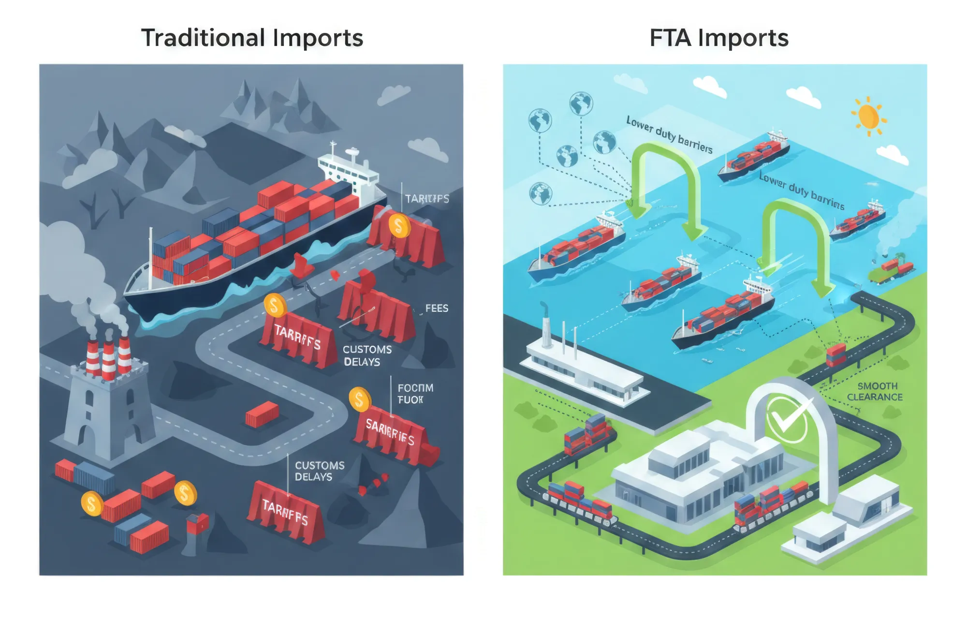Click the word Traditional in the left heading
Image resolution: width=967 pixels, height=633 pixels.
(x=203, y=38)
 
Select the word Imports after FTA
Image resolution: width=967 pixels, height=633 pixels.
(x=743, y=39)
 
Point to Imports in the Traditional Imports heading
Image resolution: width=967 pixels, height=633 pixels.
(x=318, y=39)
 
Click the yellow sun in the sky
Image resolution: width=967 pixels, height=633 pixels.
(x=868, y=116)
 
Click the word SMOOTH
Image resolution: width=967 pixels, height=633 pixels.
(x=877, y=386)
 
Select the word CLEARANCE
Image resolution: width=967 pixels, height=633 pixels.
(x=875, y=397)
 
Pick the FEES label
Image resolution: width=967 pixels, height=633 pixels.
(x=436, y=308)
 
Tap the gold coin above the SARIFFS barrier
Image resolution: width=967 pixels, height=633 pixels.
(x=360, y=399)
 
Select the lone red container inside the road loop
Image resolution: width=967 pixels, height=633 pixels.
(x=262, y=414)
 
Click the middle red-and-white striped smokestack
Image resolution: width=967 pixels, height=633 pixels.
(x=108, y=360)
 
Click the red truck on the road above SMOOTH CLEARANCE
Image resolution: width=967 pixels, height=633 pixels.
(x=836, y=354)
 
